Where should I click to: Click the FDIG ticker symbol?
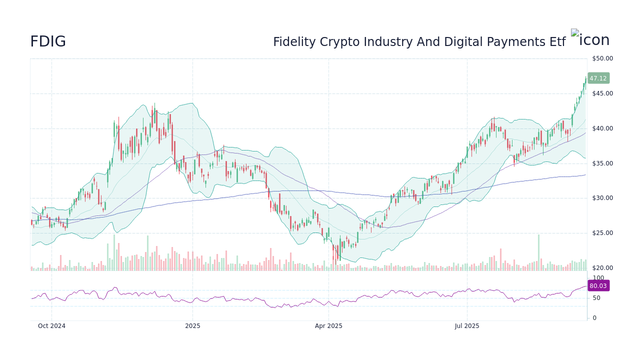(48, 42)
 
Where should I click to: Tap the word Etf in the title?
(557, 42)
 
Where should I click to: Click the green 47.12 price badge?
(598, 78)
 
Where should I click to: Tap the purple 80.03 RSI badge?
(598, 286)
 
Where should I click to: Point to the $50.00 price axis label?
(602, 58)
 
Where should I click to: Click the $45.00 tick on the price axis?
(602, 93)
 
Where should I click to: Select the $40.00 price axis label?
(602, 128)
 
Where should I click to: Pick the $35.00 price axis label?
(602, 163)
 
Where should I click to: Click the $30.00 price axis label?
(602, 198)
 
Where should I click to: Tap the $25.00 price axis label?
(602, 233)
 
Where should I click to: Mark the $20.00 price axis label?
(602, 268)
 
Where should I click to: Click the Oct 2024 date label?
(51, 326)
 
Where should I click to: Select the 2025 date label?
(192, 326)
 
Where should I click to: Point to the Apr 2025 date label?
(328, 326)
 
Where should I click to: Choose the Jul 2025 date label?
(467, 326)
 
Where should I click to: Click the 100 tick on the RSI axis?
(598, 278)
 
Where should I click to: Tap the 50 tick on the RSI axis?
(596, 298)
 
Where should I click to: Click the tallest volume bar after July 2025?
(538, 253)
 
